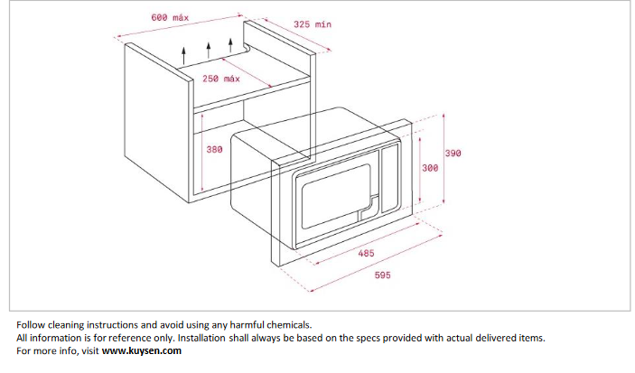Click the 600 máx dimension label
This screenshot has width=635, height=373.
coord(170,17)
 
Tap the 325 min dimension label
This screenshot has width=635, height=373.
coord(313,24)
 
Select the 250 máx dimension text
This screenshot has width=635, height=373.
coord(221,79)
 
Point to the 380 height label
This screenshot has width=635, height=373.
coord(214,149)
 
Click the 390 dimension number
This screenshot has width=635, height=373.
coord(453,154)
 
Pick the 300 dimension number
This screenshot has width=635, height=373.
coord(430,168)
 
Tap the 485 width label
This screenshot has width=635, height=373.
coord(366,253)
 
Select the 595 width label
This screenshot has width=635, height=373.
coord(383,275)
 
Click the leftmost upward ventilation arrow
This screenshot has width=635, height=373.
coord(184,55)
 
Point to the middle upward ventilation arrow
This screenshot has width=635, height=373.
coord(209,50)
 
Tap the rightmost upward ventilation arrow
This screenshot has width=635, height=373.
coord(231,45)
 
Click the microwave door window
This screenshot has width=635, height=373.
coord(336,196)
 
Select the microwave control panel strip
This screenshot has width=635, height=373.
coord(390,178)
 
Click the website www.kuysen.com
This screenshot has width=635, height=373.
coord(141,350)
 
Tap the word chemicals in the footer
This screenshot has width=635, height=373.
coord(291,325)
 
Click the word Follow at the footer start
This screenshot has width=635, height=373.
coord(31,325)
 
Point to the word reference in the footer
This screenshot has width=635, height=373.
coord(129,338)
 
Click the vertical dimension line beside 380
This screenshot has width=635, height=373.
coord(201,153)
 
